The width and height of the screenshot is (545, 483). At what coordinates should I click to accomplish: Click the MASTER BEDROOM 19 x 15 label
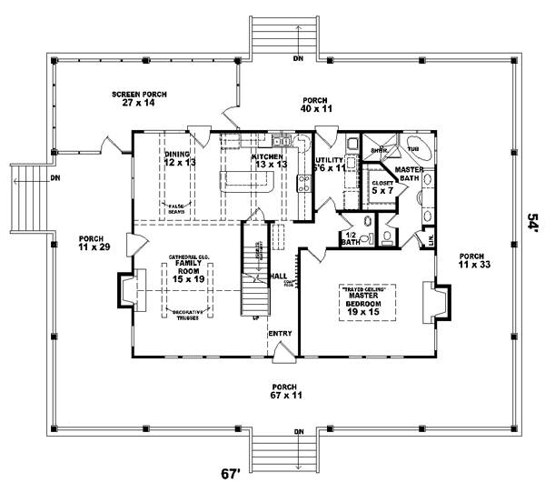point(367,302)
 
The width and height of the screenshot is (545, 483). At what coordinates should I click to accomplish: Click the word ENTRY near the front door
point(279,334)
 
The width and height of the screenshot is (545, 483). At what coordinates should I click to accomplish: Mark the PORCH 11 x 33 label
point(472,260)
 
